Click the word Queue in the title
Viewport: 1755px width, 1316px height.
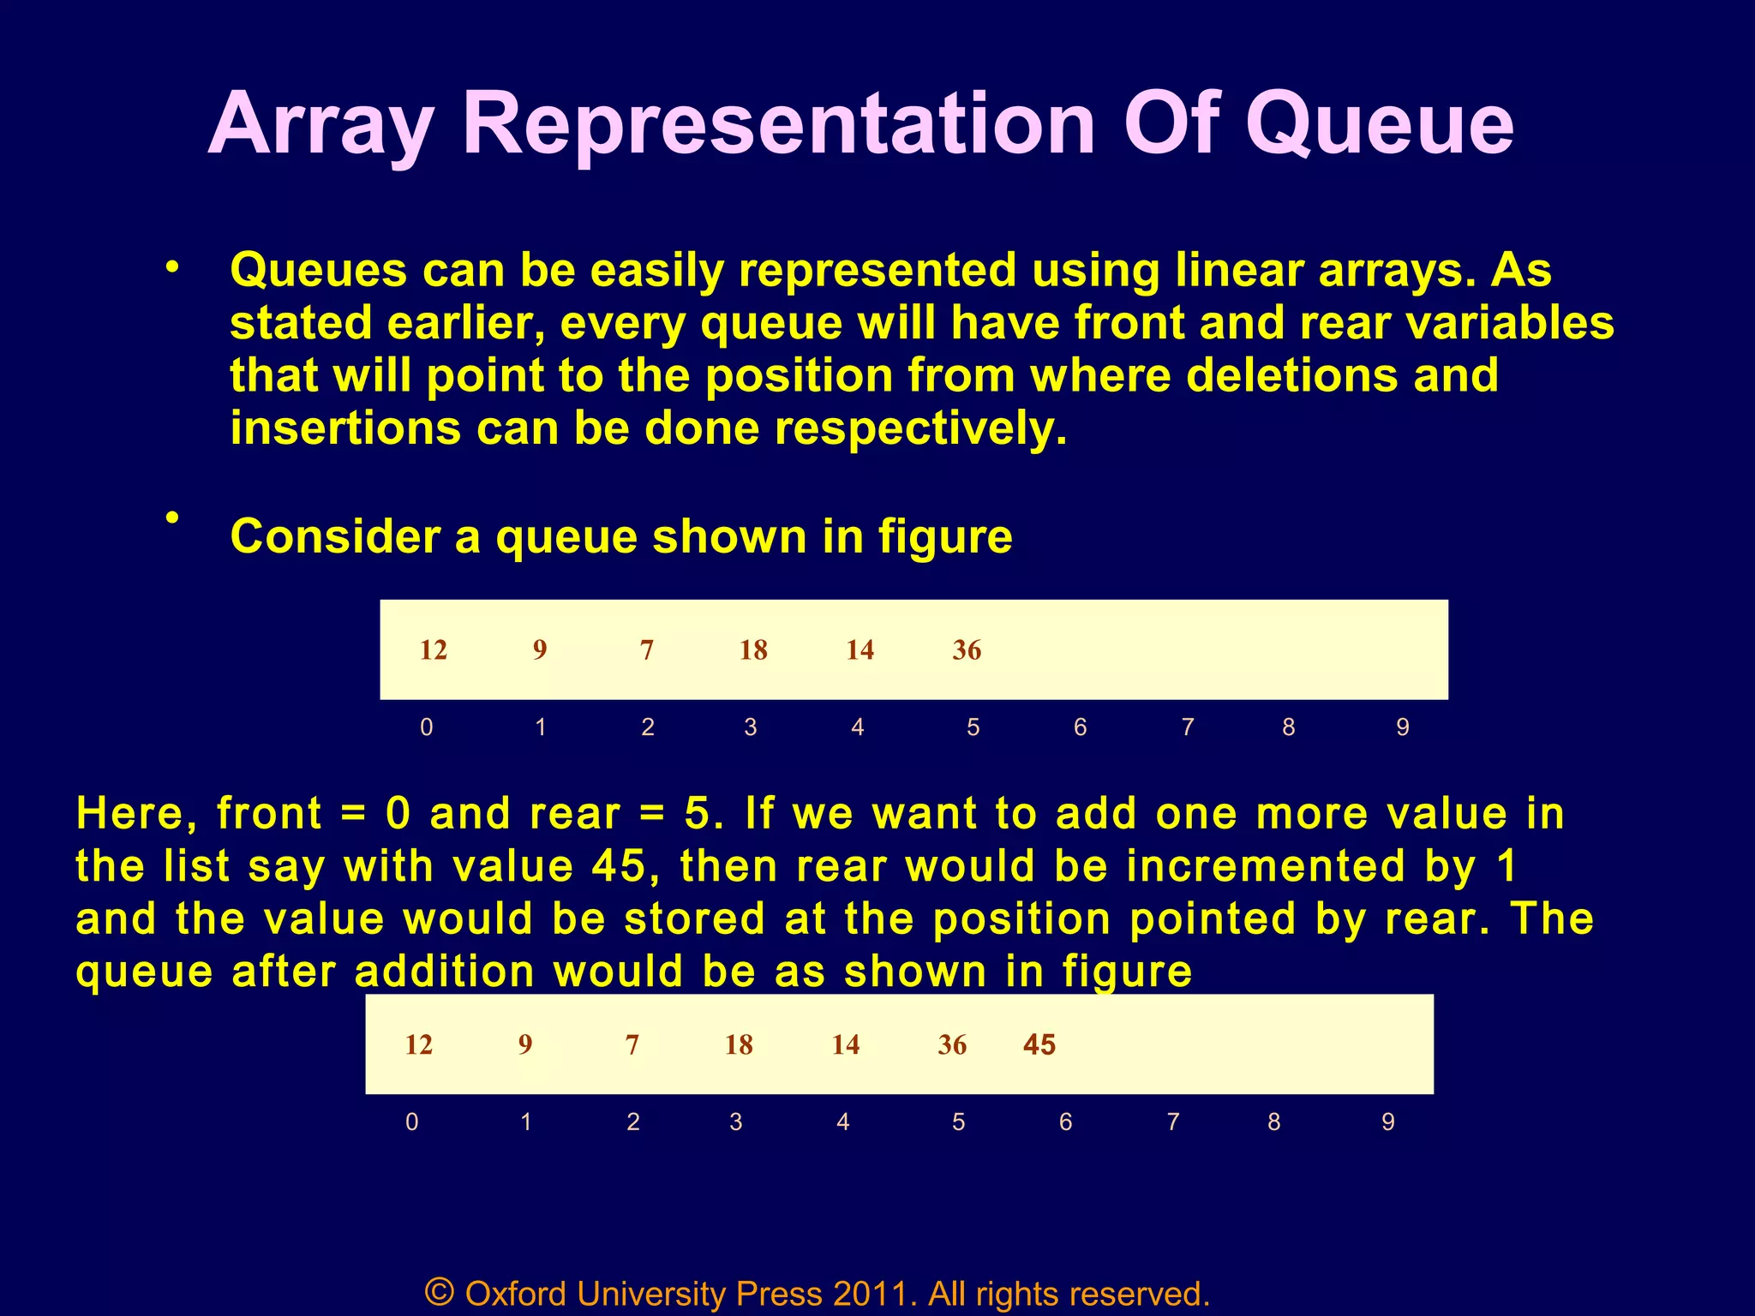tap(1380, 127)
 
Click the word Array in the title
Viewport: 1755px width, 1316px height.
tap(320, 127)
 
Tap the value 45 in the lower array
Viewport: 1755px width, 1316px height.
tap(1039, 1044)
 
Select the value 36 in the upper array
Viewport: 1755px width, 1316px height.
tap(967, 650)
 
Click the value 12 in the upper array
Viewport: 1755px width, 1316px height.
tap(434, 650)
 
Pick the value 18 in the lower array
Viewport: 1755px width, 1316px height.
tap(739, 1044)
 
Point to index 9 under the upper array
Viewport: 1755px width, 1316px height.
tap(1403, 727)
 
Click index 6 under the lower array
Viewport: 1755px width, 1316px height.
tap(1066, 1122)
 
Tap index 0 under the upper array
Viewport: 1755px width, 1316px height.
tap(427, 727)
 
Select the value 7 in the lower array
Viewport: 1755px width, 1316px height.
tap(632, 1044)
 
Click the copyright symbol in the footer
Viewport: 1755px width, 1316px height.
tap(440, 1291)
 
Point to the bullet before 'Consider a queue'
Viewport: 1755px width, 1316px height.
tap(173, 517)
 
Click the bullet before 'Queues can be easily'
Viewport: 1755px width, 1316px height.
tap(173, 268)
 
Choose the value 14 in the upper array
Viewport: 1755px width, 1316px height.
tap(860, 650)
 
